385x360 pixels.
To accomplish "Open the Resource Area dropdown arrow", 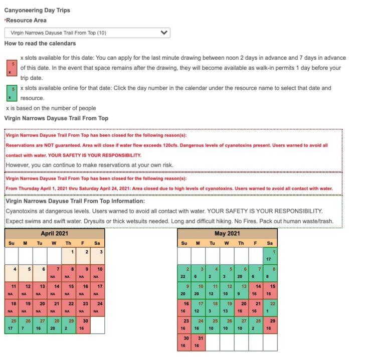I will click(x=163, y=33).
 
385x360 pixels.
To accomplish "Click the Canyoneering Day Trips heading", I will click(x=37, y=10).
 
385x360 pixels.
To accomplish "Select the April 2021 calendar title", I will click(x=55, y=234).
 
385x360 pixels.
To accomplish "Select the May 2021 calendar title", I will click(x=227, y=234).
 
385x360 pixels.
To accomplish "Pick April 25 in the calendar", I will click(x=12, y=324).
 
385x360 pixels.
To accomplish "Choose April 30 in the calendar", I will click(x=83, y=324).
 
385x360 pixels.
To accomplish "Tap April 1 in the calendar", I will click(x=69, y=256).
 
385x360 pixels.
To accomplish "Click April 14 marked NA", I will click(x=55, y=290).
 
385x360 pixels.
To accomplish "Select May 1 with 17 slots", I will click(x=270, y=256).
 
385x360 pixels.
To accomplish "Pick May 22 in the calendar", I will click(x=270, y=307).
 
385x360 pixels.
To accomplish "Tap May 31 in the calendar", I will click(x=199, y=342).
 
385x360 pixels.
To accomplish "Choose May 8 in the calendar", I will click(x=270, y=273).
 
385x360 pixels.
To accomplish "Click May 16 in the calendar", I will click(x=184, y=307).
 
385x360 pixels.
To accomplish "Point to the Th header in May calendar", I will click(x=241, y=243).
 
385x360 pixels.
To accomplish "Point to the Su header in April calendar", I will click(x=12, y=243).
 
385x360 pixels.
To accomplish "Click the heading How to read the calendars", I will click(x=40, y=44).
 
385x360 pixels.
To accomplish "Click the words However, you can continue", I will click(x=40, y=164).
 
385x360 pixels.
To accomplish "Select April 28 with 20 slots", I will click(x=55, y=324).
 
